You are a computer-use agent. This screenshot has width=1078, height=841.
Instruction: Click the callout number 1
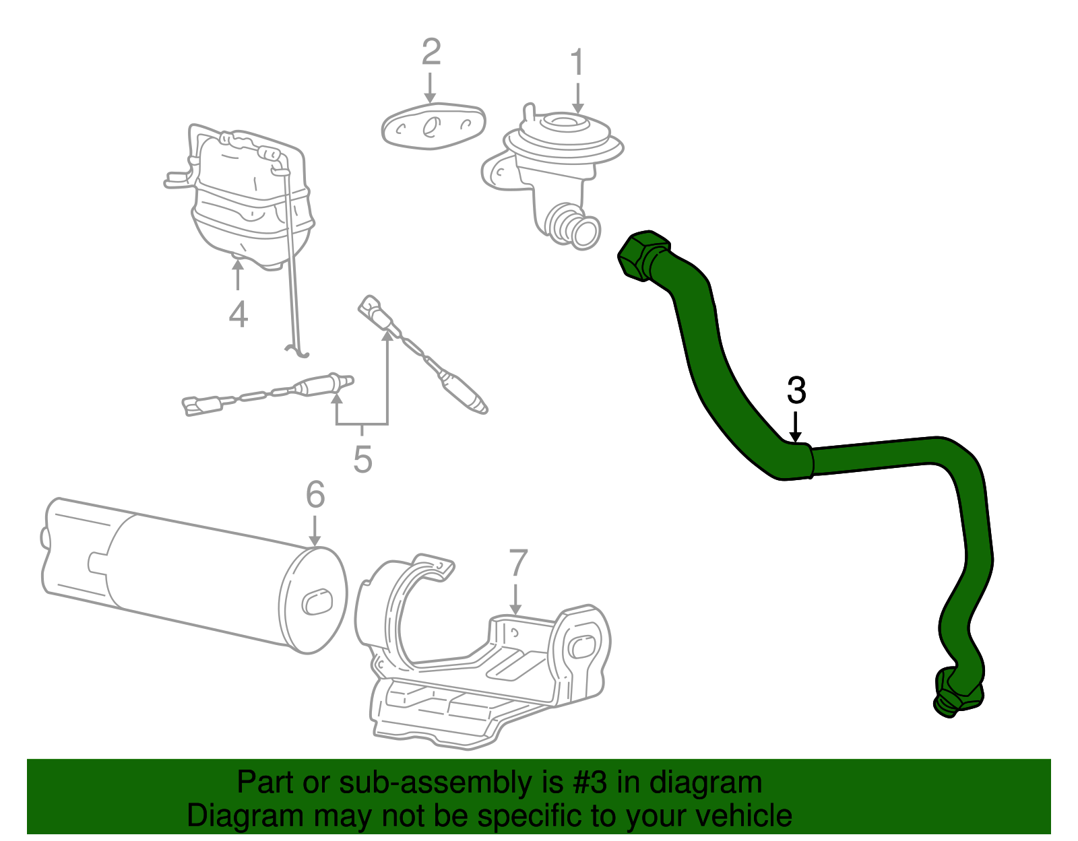click(x=577, y=63)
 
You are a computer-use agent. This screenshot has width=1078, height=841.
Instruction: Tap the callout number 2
click(x=431, y=53)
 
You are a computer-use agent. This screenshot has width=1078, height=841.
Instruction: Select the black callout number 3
click(x=796, y=391)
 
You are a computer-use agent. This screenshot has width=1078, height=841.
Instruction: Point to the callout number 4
click(x=238, y=314)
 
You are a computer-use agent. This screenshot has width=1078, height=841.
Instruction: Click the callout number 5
click(x=362, y=460)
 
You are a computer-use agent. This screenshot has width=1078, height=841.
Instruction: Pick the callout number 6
click(x=315, y=495)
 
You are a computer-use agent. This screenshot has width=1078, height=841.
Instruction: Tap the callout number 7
click(x=517, y=564)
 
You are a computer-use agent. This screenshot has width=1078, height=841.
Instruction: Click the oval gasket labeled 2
click(x=433, y=126)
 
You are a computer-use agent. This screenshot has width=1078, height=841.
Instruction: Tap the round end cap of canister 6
click(x=314, y=601)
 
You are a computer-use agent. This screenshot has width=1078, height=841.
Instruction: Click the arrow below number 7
click(x=515, y=599)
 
